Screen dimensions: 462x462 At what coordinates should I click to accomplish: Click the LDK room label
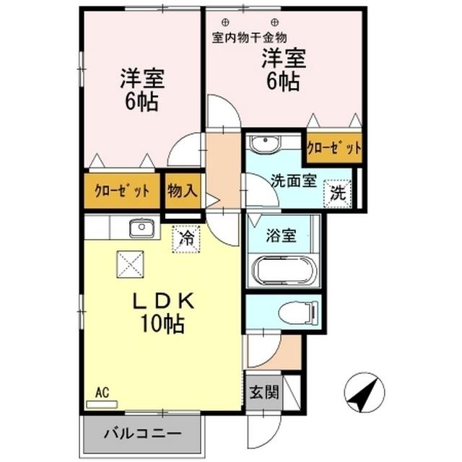click(x=162, y=300)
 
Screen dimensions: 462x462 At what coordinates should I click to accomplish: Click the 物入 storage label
click(x=182, y=191)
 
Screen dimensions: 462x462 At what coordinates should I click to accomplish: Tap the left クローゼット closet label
click(x=122, y=191)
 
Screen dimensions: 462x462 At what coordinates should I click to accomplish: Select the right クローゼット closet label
click(x=334, y=149)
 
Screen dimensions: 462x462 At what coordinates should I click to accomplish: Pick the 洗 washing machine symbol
click(x=338, y=193)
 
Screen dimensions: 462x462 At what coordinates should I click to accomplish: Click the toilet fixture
click(x=297, y=313)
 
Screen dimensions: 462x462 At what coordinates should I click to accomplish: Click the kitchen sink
click(x=142, y=229)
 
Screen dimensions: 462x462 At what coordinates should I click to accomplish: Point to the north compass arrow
click(x=365, y=394)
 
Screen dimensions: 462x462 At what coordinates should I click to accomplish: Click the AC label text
click(x=102, y=393)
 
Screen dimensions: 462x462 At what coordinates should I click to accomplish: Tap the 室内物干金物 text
click(x=250, y=36)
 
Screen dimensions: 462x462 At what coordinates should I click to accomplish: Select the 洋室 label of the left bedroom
click(x=141, y=78)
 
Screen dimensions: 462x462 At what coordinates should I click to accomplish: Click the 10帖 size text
click(x=162, y=324)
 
